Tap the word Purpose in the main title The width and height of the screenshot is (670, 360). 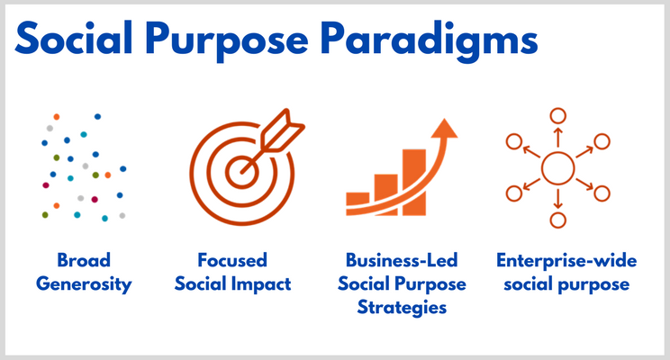pos(227,41)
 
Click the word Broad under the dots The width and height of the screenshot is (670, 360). pos(84,260)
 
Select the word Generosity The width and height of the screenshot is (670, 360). pos(84,284)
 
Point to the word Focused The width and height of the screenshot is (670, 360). pos(232,260)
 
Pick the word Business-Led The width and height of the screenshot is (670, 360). pos(402,260)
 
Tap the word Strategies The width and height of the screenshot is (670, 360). pos(402,308)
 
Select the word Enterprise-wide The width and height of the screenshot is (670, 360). pos(566,260)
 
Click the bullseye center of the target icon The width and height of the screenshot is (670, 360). pos(242,172)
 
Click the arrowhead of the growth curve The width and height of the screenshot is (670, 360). pos(444,129)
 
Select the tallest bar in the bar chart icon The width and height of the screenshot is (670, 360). pos(414,182)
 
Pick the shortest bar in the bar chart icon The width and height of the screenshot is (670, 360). pos(358,203)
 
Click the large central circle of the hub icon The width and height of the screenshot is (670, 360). pos(557,168)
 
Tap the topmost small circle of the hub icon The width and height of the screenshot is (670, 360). pos(557,116)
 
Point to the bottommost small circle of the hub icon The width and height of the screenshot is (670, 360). pos(557,220)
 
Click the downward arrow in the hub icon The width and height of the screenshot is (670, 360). pos(557,199)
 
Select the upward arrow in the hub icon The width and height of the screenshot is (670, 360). pos(557,137)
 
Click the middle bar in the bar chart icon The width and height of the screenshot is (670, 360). pos(385,194)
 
